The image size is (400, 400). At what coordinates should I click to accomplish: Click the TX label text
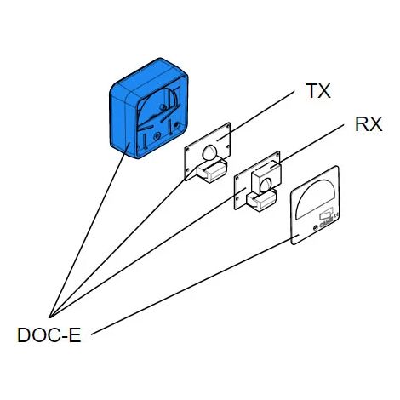[318, 91]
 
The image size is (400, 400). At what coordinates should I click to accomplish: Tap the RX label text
[369, 124]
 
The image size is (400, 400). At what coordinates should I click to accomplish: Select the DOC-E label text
[49, 334]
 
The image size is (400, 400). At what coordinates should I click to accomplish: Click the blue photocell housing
[149, 108]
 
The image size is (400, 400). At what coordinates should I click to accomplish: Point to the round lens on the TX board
[209, 152]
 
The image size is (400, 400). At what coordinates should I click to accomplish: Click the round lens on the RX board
[266, 186]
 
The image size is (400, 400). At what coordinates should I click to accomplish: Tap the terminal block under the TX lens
[212, 171]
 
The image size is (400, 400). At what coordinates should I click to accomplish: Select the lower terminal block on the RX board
[261, 201]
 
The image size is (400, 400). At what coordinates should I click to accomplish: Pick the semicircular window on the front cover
[315, 199]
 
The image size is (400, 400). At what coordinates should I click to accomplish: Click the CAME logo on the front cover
[326, 224]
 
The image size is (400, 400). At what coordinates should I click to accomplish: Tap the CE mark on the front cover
[336, 216]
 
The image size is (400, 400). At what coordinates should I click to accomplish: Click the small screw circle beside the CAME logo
[316, 227]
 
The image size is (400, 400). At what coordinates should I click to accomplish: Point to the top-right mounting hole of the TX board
[227, 126]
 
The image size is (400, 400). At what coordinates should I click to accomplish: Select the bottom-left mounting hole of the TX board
[187, 170]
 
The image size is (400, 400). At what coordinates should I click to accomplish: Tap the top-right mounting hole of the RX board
[277, 155]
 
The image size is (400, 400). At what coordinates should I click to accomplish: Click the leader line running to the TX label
[255, 116]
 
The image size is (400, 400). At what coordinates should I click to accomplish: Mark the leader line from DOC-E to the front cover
[194, 285]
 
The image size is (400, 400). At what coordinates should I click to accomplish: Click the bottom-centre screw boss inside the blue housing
[156, 138]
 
